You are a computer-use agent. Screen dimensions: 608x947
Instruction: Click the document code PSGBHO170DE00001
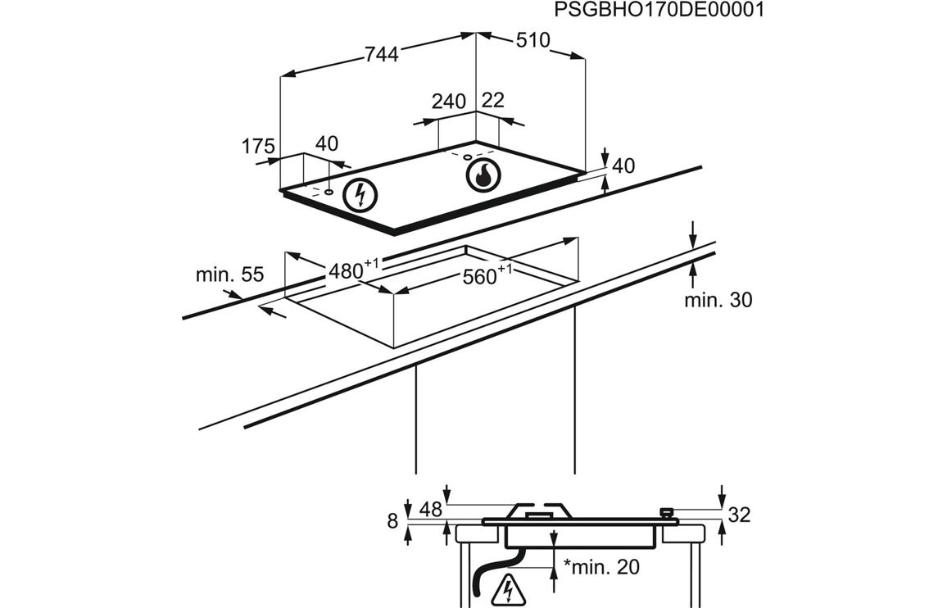coord(659,10)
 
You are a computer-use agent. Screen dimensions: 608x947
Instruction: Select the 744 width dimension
coord(381,54)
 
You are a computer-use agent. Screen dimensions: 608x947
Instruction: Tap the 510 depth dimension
coord(532,40)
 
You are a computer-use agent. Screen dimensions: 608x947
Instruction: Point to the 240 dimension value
coord(448,102)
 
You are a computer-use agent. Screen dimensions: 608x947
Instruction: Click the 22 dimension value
coord(493,100)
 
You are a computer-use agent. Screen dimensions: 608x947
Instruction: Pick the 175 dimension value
coord(257,147)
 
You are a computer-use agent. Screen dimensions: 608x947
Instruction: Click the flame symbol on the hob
coord(482,175)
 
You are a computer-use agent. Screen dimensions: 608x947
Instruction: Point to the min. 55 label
coord(229,275)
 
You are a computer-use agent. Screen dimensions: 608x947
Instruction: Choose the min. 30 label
coord(718,300)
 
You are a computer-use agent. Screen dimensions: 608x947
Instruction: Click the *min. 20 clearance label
coord(601,566)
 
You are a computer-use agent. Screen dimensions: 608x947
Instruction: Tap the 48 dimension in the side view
coord(430,510)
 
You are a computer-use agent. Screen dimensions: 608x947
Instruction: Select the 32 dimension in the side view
coord(738,515)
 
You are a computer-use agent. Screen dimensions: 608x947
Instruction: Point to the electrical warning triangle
coord(509,588)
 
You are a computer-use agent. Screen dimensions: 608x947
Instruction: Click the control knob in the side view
coord(668,513)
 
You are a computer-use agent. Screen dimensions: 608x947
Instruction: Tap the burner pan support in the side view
coord(538,510)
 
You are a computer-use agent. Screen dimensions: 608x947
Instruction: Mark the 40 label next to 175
coord(326,144)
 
